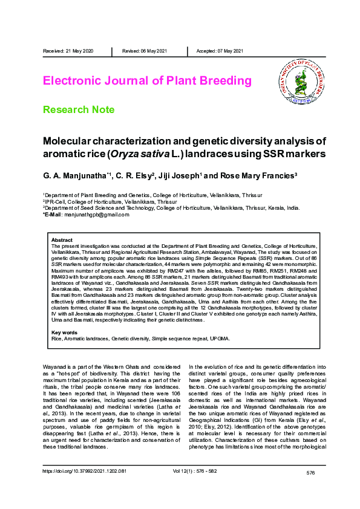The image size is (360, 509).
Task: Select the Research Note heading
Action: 79,109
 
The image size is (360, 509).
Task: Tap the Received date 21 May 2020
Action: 68,51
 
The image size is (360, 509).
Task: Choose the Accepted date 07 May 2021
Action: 220,51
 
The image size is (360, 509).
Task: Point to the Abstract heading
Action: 62,240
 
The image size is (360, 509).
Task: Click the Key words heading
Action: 64,333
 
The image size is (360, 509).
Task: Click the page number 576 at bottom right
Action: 310,472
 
